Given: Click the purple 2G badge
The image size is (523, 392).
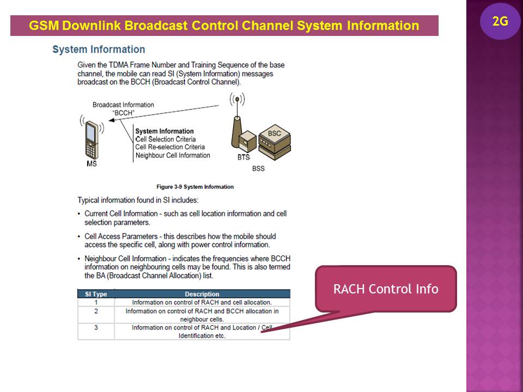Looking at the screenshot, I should pos(500,22).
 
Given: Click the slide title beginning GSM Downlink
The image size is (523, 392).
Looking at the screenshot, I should pos(224,26).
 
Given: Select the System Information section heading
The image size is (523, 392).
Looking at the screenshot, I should pos(99,50).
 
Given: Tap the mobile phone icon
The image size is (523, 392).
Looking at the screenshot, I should pos(92,138).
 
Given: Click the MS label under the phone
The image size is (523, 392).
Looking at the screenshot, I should pos(92,163).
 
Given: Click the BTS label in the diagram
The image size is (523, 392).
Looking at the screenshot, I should pos(244,157).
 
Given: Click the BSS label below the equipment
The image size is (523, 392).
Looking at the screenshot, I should pos(258,168).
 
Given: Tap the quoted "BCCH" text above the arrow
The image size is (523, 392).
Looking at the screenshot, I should pos(123,113).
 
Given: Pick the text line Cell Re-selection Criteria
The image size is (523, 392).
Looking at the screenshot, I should pos(170,147).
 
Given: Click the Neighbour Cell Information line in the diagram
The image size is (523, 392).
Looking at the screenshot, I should pos(172,155).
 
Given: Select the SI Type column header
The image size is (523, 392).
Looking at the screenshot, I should pos(96,294).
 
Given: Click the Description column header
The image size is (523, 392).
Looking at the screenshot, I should pos(202,294).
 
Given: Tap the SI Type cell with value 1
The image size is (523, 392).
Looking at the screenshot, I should pos(96,302).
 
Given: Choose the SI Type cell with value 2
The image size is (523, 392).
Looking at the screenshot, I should pos(96,311).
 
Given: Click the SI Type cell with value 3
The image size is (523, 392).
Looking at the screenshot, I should pos(96,328).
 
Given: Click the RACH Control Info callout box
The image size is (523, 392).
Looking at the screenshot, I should pos(386,289).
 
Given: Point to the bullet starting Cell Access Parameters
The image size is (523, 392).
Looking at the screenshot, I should pos(180,240).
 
